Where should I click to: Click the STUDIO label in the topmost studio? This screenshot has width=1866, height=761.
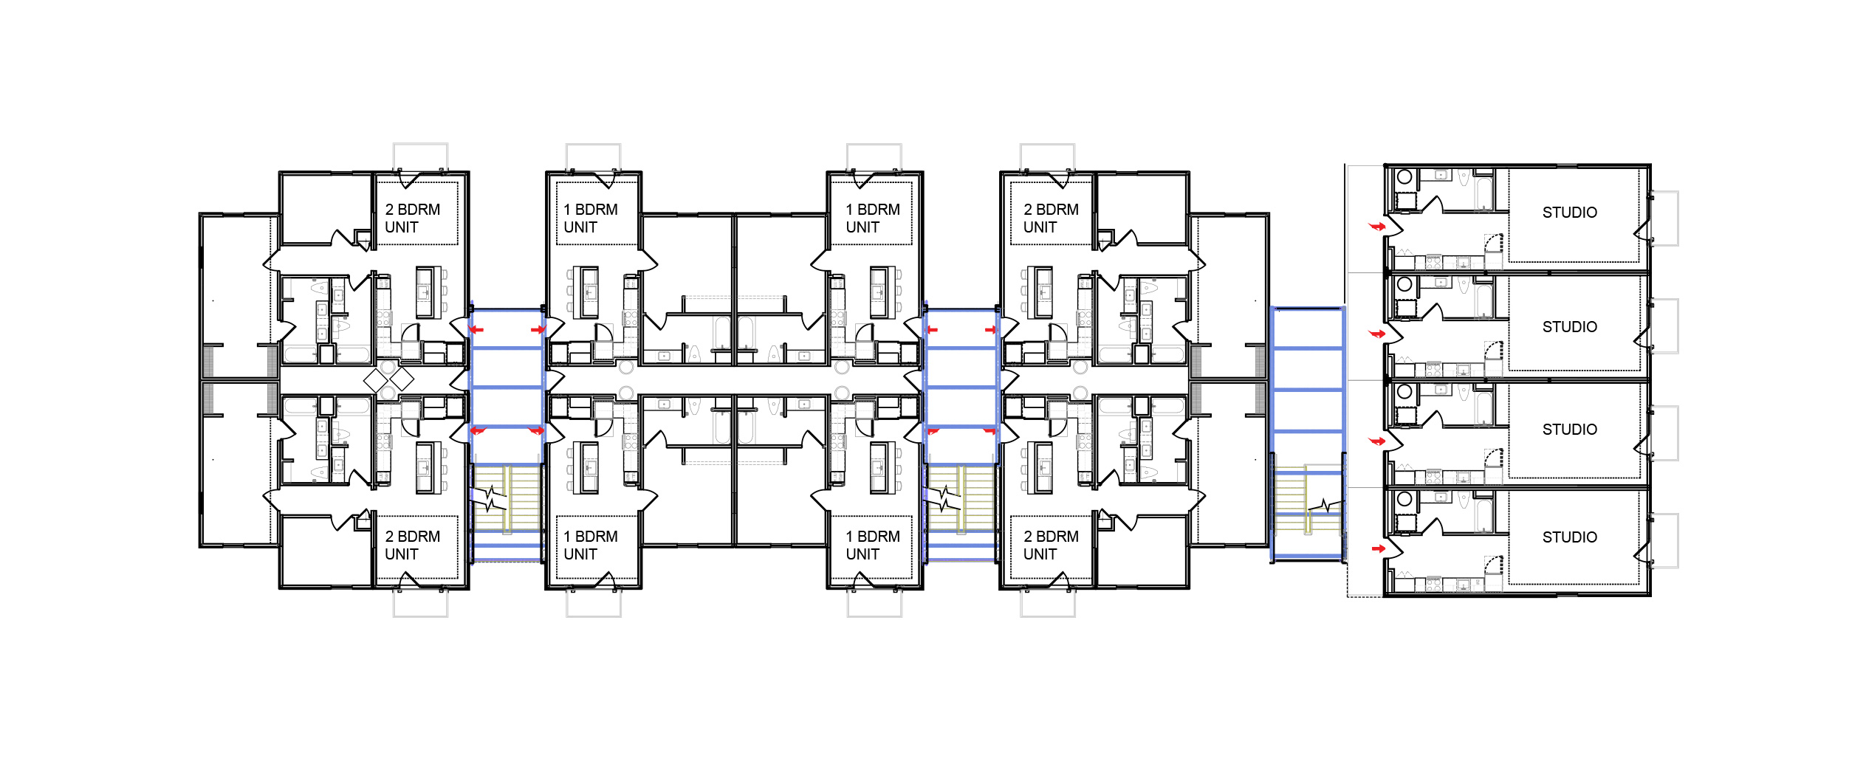[1569, 213]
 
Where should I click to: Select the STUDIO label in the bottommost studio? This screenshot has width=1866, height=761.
[1569, 537]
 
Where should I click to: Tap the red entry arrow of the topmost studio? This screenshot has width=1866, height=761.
[1377, 227]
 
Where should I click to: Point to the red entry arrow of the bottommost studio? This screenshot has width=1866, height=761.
[1378, 548]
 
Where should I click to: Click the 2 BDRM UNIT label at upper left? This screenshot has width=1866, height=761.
[412, 218]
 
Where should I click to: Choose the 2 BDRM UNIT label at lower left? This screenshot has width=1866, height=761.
[412, 545]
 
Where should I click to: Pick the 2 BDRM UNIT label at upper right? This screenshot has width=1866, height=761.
[1051, 218]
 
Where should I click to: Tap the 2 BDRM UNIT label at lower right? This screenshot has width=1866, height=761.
[1051, 545]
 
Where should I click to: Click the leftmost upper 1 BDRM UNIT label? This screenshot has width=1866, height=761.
[591, 218]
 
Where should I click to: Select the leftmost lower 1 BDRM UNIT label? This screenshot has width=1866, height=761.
[591, 545]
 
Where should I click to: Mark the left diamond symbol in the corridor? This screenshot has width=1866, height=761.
[376, 380]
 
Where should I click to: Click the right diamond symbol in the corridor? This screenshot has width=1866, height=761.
[402, 379]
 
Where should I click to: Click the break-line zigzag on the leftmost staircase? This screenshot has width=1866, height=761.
[493, 498]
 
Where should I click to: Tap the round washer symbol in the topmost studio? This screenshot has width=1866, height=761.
[1404, 177]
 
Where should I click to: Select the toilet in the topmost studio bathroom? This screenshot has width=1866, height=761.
[1464, 179]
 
